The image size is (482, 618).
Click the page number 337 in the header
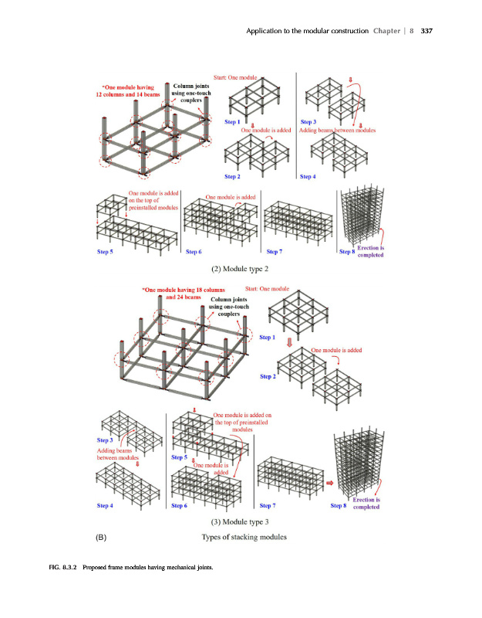coord(426,31)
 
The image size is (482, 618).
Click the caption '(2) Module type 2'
coord(240,269)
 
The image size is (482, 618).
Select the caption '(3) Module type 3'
coord(240,522)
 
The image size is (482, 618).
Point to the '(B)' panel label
coord(101,537)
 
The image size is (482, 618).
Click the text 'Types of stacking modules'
coord(244,537)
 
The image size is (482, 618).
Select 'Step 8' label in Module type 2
coord(347,252)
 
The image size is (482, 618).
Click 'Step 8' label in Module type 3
coord(339,505)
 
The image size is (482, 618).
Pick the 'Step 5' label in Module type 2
coord(105,252)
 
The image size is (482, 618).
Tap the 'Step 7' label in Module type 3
coord(268,505)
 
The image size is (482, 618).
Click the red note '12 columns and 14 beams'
coord(128,94)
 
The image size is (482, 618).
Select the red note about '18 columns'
coord(184,294)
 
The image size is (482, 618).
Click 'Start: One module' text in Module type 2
coord(235,78)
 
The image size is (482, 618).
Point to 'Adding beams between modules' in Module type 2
coord(337,130)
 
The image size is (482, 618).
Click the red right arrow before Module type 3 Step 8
coord(330,483)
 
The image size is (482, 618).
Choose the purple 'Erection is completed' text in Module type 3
coord(366,504)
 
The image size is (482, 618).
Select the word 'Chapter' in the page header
coord(386,31)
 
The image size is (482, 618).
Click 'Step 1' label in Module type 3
coord(268,338)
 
